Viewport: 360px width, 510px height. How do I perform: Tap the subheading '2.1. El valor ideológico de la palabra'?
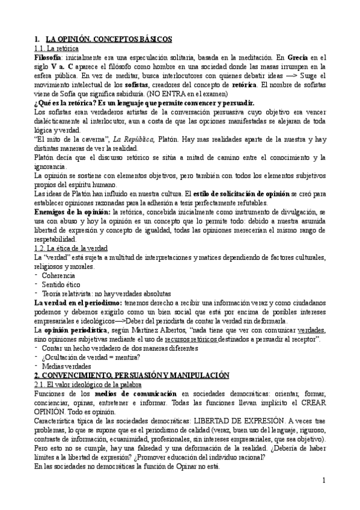coord(88,384)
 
